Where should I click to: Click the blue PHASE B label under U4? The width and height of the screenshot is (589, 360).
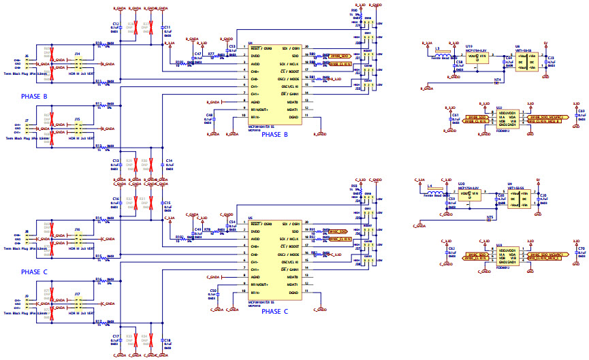tap(280, 135)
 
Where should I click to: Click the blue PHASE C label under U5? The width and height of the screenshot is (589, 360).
tap(280, 311)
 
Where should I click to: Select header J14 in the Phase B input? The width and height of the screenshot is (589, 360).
tap(77, 65)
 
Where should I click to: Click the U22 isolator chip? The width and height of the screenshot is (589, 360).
tap(508, 120)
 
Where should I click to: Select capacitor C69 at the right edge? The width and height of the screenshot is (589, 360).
tap(580, 116)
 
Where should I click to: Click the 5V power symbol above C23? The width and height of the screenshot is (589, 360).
tap(545, 45)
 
